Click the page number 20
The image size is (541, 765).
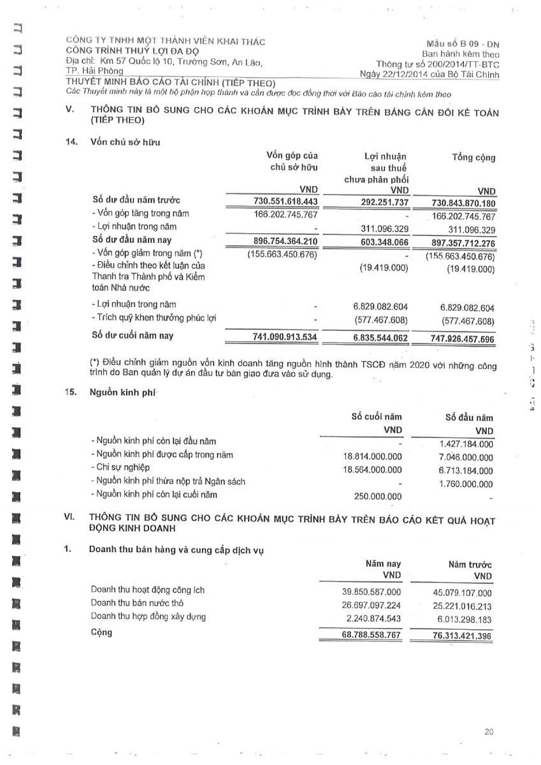pyautogui.click(x=489, y=732)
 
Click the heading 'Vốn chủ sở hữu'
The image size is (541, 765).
pyautogui.click(x=126, y=142)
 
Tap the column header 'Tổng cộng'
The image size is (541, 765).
pyautogui.click(x=473, y=157)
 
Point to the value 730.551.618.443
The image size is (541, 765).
pyautogui.click(x=282, y=201)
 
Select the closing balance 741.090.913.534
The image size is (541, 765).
pyautogui.click(x=281, y=336)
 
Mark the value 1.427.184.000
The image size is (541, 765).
pyautogui.click(x=466, y=444)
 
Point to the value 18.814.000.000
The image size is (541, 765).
pyautogui.click(x=372, y=457)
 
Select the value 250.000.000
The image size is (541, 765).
pyautogui.click(x=378, y=496)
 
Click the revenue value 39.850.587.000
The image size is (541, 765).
pyautogui.click(x=371, y=592)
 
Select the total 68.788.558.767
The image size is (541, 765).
pyautogui.click(x=371, y=635)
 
